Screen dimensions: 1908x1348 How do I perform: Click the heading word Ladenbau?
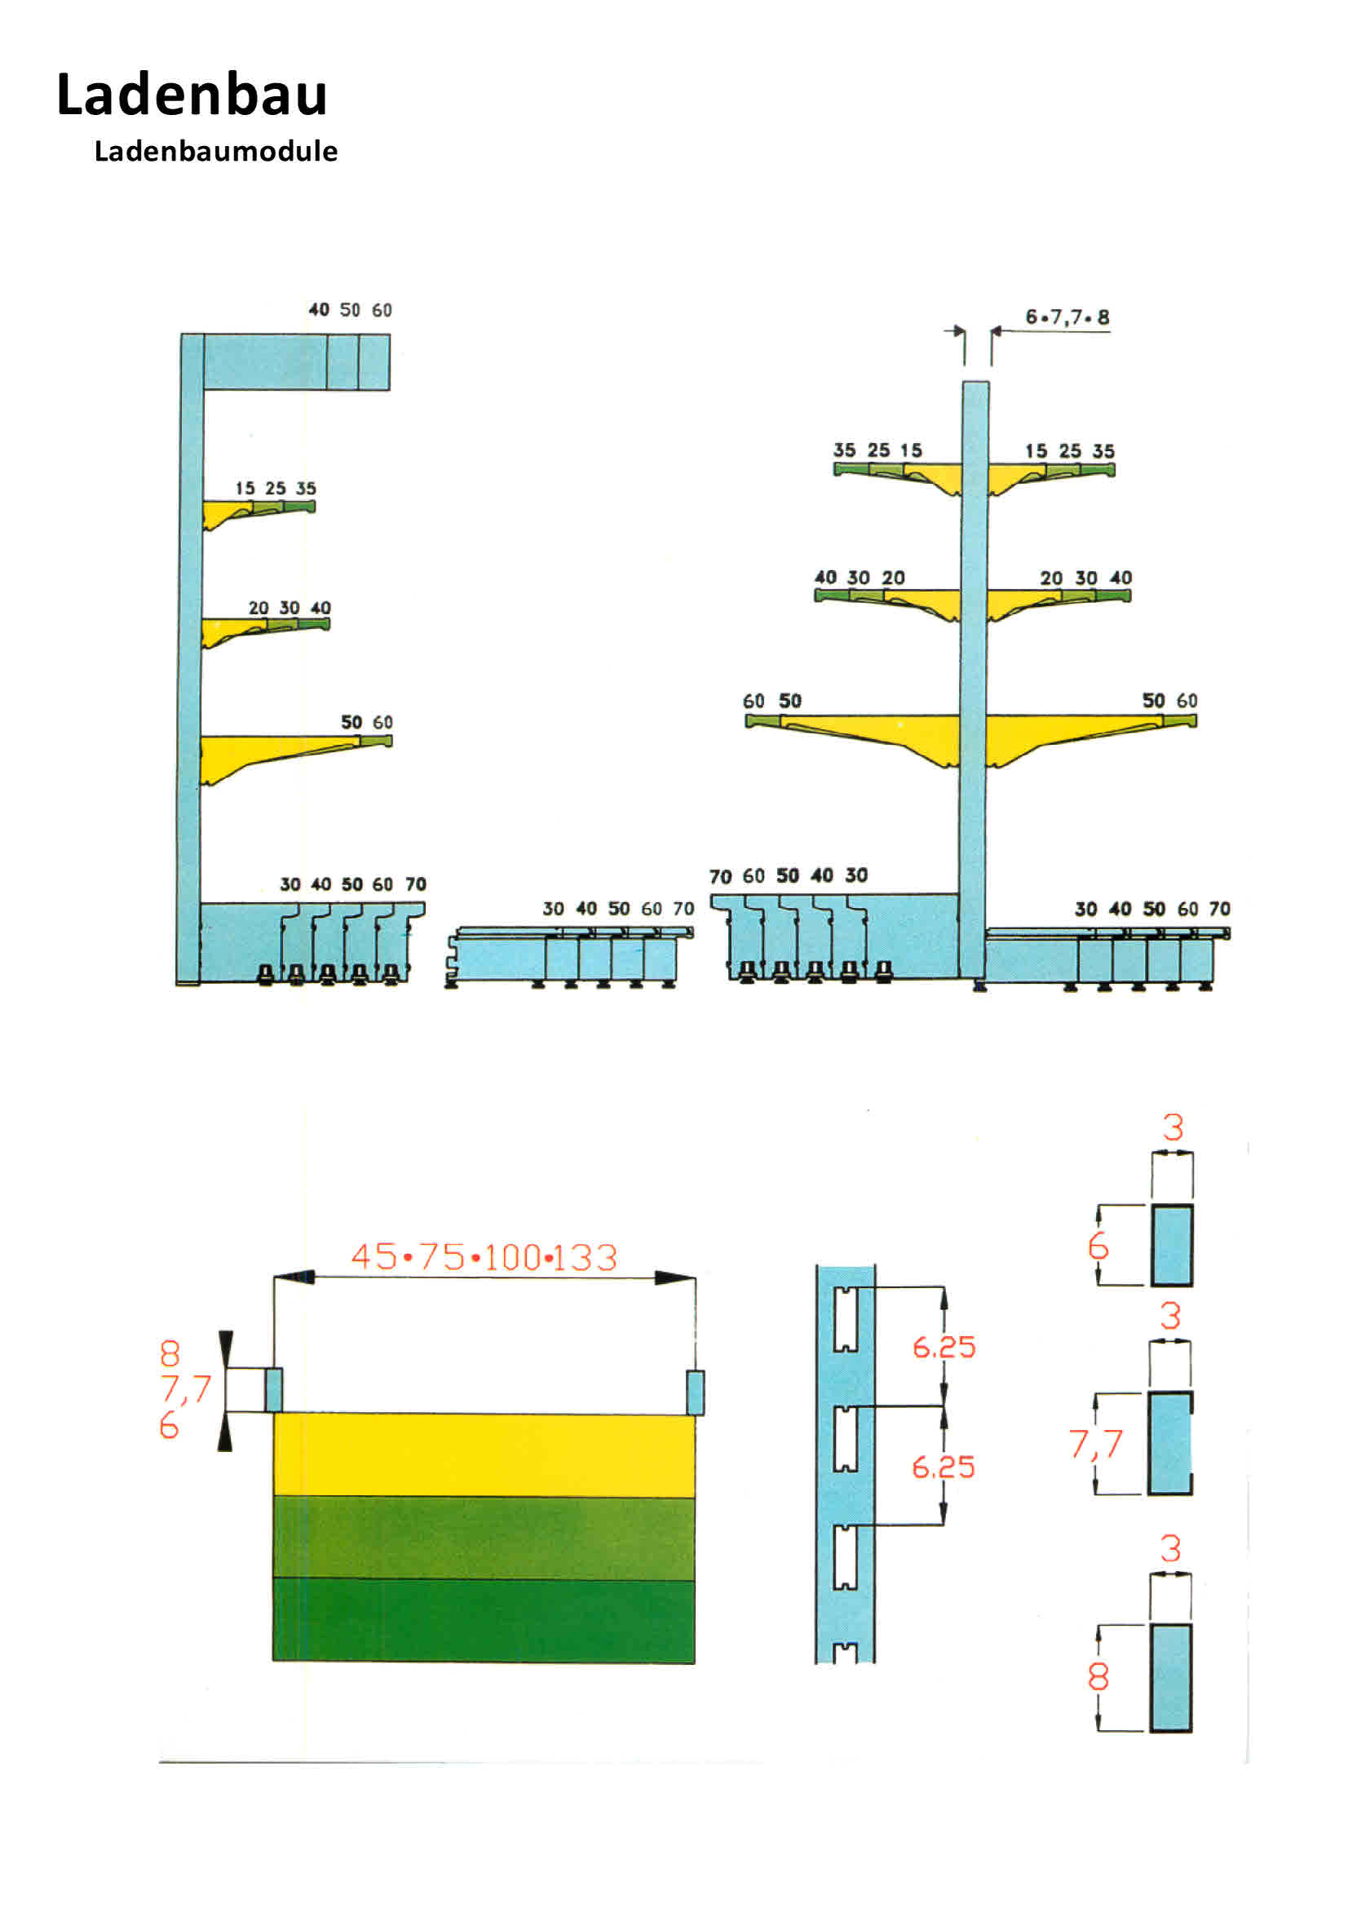point(192,95)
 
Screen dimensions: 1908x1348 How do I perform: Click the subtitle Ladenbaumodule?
point(216,151)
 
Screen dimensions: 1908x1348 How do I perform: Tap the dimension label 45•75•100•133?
point(484,1257)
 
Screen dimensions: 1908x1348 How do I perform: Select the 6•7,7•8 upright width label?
point(1067,317)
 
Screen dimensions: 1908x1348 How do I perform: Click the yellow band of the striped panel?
point(484,1454)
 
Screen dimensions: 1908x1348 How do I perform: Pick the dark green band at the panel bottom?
point(484,1621)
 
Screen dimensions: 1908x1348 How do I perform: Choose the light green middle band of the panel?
point(484,1538)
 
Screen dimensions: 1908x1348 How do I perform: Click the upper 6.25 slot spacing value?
point(944,1346)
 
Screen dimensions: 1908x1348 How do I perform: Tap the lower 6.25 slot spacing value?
point(944,1467)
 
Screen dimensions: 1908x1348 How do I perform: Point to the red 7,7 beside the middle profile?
point(1095,1444)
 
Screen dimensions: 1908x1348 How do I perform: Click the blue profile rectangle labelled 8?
point(1171,1678)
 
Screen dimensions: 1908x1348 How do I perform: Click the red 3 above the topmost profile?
point(1173,1127)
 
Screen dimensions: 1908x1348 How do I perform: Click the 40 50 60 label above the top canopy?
point(350,310)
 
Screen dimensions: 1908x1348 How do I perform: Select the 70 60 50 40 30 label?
point(789,876)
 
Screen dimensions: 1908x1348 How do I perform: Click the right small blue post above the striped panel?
point(696,1392)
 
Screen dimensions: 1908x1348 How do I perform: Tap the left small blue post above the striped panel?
point(273,1390)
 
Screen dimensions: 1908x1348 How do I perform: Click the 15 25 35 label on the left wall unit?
point(275,489)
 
